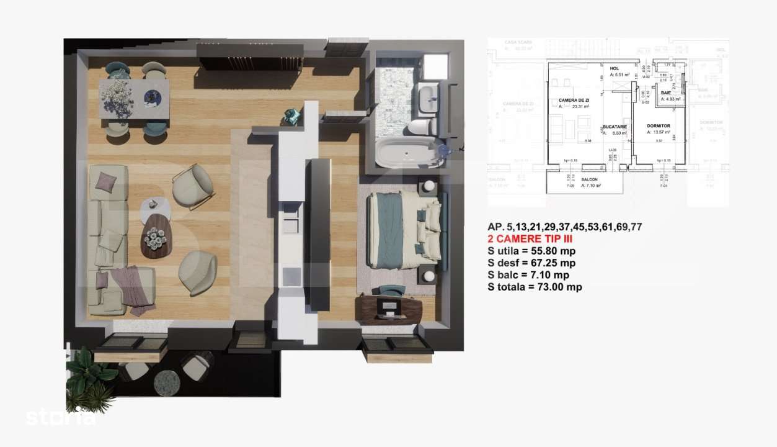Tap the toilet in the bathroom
pos(421,126)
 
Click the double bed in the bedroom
pos(404,229)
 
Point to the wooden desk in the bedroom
pos(391,309)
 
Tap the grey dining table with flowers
pos(134,98)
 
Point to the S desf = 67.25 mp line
pos(531,263)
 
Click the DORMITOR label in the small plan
pos(657,126)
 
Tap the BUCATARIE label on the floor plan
pos(615,127)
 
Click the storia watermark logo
pos(61,417)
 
